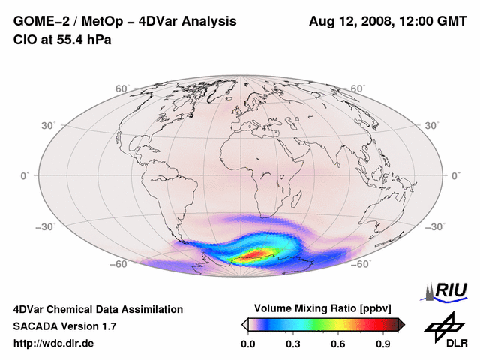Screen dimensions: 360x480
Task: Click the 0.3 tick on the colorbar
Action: [x=292, y=343]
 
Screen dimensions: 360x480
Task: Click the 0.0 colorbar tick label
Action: [x=247, y=343]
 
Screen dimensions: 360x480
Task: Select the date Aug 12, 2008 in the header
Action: [x=349, y=21]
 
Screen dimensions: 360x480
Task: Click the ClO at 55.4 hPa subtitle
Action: [x=62, y=40]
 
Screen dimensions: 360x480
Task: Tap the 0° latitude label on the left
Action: [x=25, y=175]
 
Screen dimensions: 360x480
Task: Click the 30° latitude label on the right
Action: [x=432, y=124]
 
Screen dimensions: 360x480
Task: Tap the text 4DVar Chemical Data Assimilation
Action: [x=97, y=309]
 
